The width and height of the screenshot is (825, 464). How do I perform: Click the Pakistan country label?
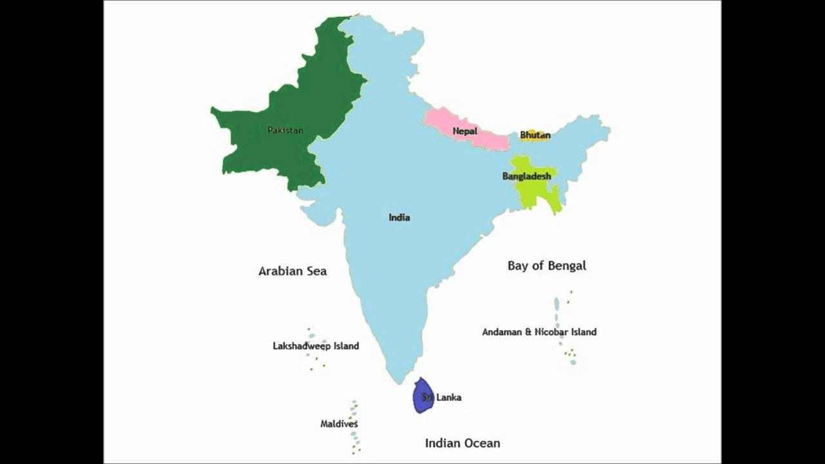coord(285,130)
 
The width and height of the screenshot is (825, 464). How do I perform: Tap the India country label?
coord(399,217)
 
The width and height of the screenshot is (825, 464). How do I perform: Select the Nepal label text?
coord(465,131)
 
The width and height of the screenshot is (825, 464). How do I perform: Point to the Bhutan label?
coord(535,135)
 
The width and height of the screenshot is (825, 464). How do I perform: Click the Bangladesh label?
coord(527,176)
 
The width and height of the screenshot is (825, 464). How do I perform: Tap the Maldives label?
coord(339,424)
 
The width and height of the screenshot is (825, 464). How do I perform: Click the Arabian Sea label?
coord(292,271)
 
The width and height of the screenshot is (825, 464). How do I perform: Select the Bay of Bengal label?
coord(547,266)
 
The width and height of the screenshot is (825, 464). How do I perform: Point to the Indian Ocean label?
coord(462,443)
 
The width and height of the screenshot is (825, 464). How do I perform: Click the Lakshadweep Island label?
coord(316,346)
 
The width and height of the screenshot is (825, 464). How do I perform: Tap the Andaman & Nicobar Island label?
coord(539,332)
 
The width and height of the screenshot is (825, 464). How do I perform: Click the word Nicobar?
coord(552,332)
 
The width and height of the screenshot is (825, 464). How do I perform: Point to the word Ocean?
coord(481,443)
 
